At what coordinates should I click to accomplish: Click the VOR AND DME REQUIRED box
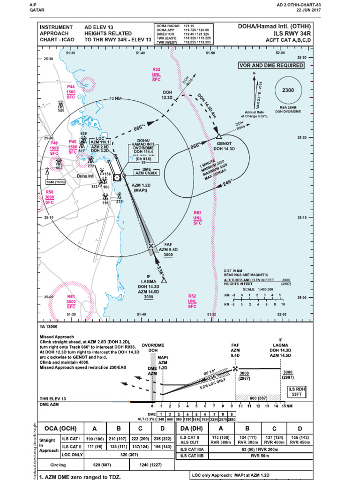271,66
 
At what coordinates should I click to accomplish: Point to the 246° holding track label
227,182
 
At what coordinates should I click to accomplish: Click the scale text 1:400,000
255,289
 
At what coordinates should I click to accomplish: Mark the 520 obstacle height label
61,110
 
